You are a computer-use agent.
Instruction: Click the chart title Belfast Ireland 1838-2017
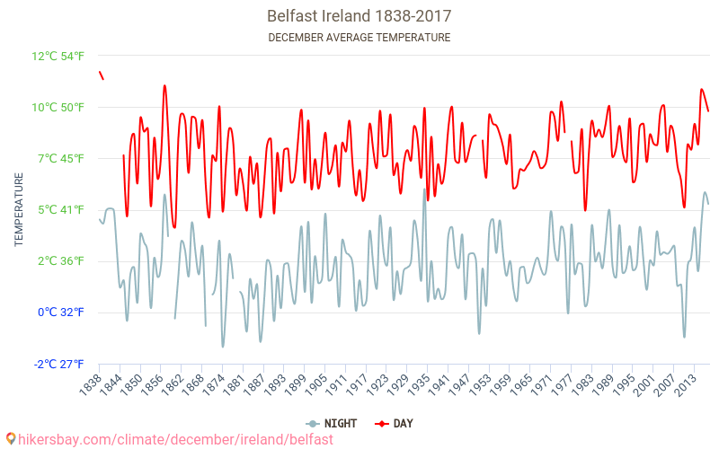(359, 16)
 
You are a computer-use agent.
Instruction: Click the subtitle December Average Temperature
(359, 38)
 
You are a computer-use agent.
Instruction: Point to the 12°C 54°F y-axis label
(58, 56)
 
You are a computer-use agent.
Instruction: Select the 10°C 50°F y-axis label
(58, 108)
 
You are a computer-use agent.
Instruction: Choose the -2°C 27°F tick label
(59, 364)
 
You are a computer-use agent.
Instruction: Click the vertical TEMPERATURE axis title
(19, 210)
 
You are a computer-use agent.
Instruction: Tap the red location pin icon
(10, 439)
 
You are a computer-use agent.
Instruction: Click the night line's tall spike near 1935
(424, 190)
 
